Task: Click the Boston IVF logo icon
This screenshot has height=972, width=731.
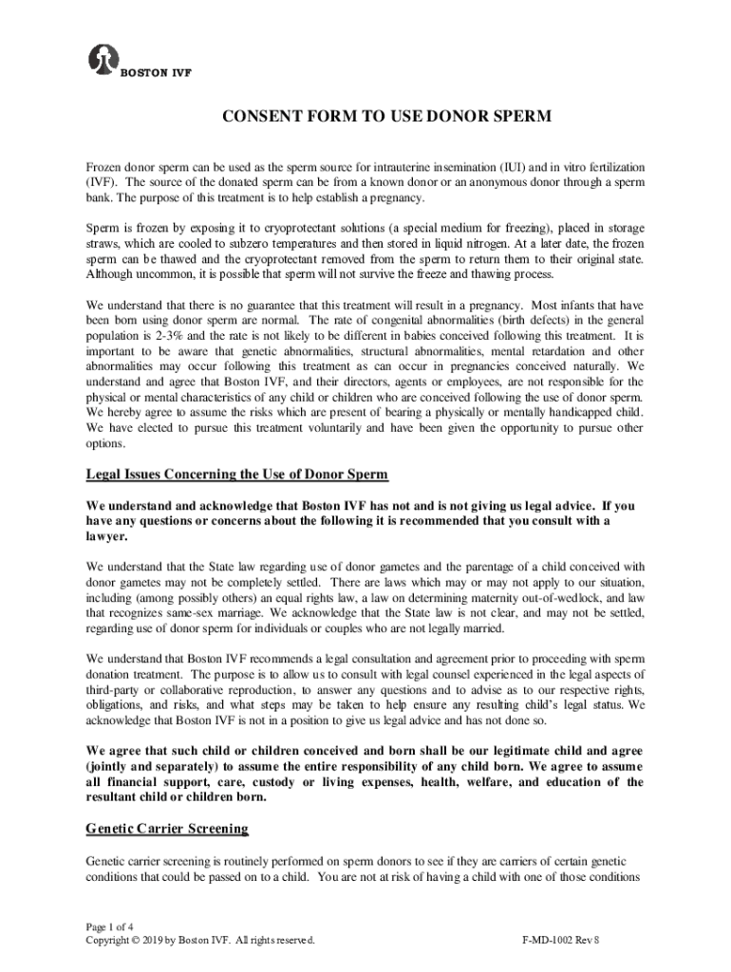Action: click(x=100, y=58)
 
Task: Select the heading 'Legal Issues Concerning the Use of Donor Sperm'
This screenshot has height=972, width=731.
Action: click(x=237, y=474)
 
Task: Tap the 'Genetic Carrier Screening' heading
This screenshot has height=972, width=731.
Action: click(x=167, y=829)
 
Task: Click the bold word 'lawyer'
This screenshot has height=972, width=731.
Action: click(x=107, y=535)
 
